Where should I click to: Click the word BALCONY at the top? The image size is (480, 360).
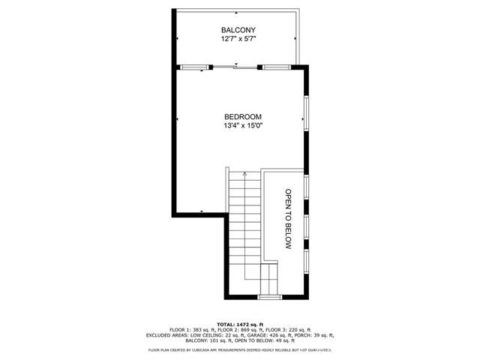(x=238, y=31)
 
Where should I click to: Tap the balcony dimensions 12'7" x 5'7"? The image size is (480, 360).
(x=238, y=40)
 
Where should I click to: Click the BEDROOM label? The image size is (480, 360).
(x=243, y=117)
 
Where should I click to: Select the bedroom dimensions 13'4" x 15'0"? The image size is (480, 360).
(x=243, y=127)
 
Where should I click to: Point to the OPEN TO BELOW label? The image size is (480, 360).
(x=286, y=218)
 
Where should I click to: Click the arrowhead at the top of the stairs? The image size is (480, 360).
(x=244, y=173)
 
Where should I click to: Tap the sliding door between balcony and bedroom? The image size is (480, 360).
(x=236, y=67)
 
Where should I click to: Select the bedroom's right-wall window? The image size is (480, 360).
(x=305, y=112)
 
